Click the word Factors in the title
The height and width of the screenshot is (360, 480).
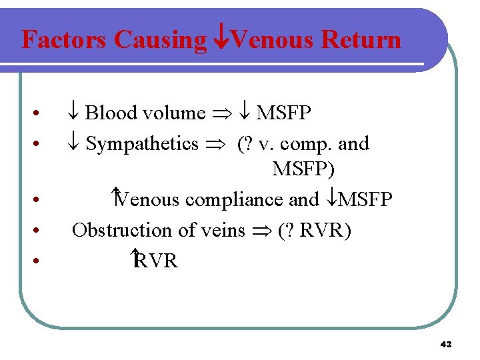[x=65, y=40]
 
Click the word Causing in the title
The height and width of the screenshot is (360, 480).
[x=160, y=40]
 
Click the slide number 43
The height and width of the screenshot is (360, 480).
[x=446, y=345]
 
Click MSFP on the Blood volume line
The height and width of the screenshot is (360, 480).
[x=283, y=113]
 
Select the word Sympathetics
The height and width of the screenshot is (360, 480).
[x=142, y=143]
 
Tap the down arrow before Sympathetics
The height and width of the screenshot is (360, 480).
[x=76, y=143]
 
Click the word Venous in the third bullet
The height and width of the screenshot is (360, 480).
[x=149, y=199]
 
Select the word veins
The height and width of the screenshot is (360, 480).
[x=221, y=230]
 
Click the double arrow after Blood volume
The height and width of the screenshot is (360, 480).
[x=220, y=114]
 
